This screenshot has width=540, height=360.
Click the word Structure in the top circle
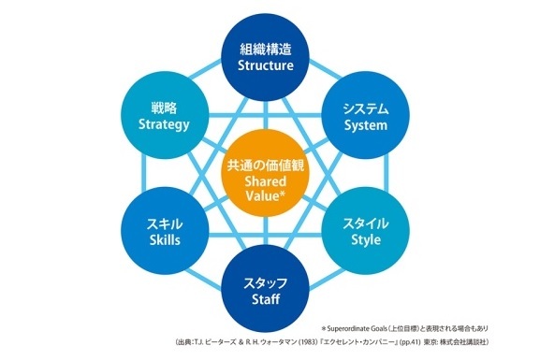coord(266,66)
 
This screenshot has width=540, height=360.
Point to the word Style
coord(367,241)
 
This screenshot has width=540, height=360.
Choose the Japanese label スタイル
coord(367,223)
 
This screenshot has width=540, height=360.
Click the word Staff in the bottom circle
coord(266,299)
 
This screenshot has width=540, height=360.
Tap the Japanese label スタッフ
coord(266,281)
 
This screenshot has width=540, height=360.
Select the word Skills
coord(165,241)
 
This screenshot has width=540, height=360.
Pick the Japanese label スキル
coord(165,223)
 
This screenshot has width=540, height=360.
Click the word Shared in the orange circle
coord(266,183)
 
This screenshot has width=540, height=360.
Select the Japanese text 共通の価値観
coord(266,166)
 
